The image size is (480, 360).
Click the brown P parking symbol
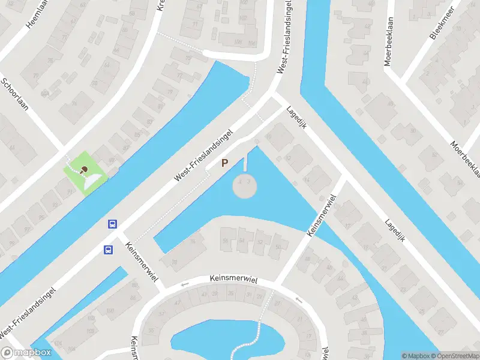225,163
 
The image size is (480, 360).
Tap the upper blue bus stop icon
112,224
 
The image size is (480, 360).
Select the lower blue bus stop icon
109,250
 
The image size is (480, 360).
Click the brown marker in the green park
85,170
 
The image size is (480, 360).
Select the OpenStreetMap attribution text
454,356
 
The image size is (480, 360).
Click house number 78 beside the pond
175,263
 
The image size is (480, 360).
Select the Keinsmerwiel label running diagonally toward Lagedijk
321,215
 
